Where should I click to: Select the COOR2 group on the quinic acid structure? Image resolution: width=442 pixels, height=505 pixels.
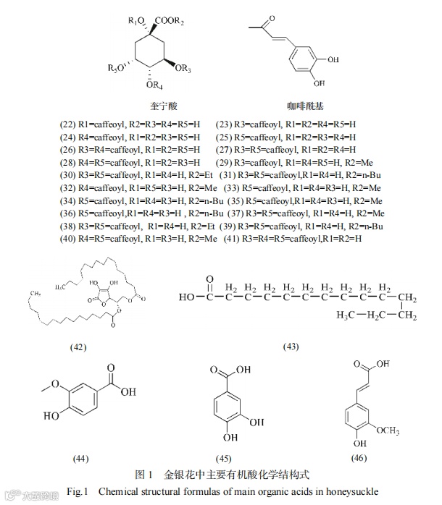[x=170, y=20]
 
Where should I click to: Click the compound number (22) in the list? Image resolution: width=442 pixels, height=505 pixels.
[x=67, y=124]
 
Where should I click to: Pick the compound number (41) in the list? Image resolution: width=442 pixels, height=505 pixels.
[x=233, y=239]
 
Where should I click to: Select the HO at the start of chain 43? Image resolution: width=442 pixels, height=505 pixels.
[x=187, y=296]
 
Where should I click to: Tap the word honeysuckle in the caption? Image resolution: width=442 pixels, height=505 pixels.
[x=350, y=492]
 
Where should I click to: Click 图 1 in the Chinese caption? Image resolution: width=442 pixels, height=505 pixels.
[x=144, y=475]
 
